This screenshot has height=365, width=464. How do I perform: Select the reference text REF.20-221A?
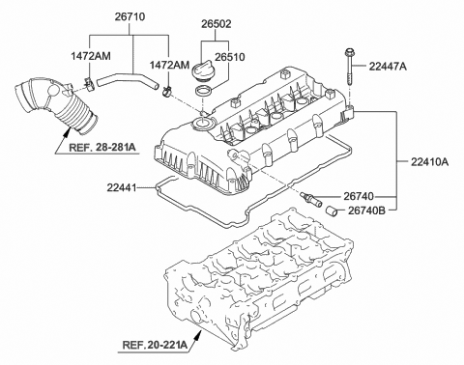pyautogui.click(x=158, y=342)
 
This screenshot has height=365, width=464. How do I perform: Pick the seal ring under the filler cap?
pyautogui.click(x=204, y=91)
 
